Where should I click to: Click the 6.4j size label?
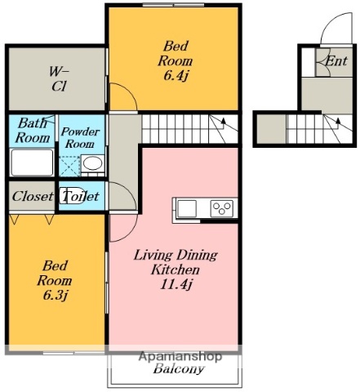click(176, 75)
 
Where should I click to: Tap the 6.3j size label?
click(56, 295)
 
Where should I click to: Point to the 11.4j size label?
click(176, 284)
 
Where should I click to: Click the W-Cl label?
click(59, 79)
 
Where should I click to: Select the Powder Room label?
click(80, 138)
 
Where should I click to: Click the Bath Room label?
click(33, 131)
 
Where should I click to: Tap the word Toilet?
click(81, 196)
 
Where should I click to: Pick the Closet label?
click(33, 196)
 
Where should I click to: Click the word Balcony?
click(179, 369)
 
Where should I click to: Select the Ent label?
click(336, 61)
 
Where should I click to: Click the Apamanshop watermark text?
click(180, 356)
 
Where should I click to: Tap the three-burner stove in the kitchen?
click(222, 209)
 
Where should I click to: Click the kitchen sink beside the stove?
click(186, 209)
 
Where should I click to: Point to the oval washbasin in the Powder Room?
click(93, 163)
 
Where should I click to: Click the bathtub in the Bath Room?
click(32, 163)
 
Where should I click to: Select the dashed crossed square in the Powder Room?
click(69, 167)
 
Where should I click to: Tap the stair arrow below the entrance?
click(338, 122)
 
